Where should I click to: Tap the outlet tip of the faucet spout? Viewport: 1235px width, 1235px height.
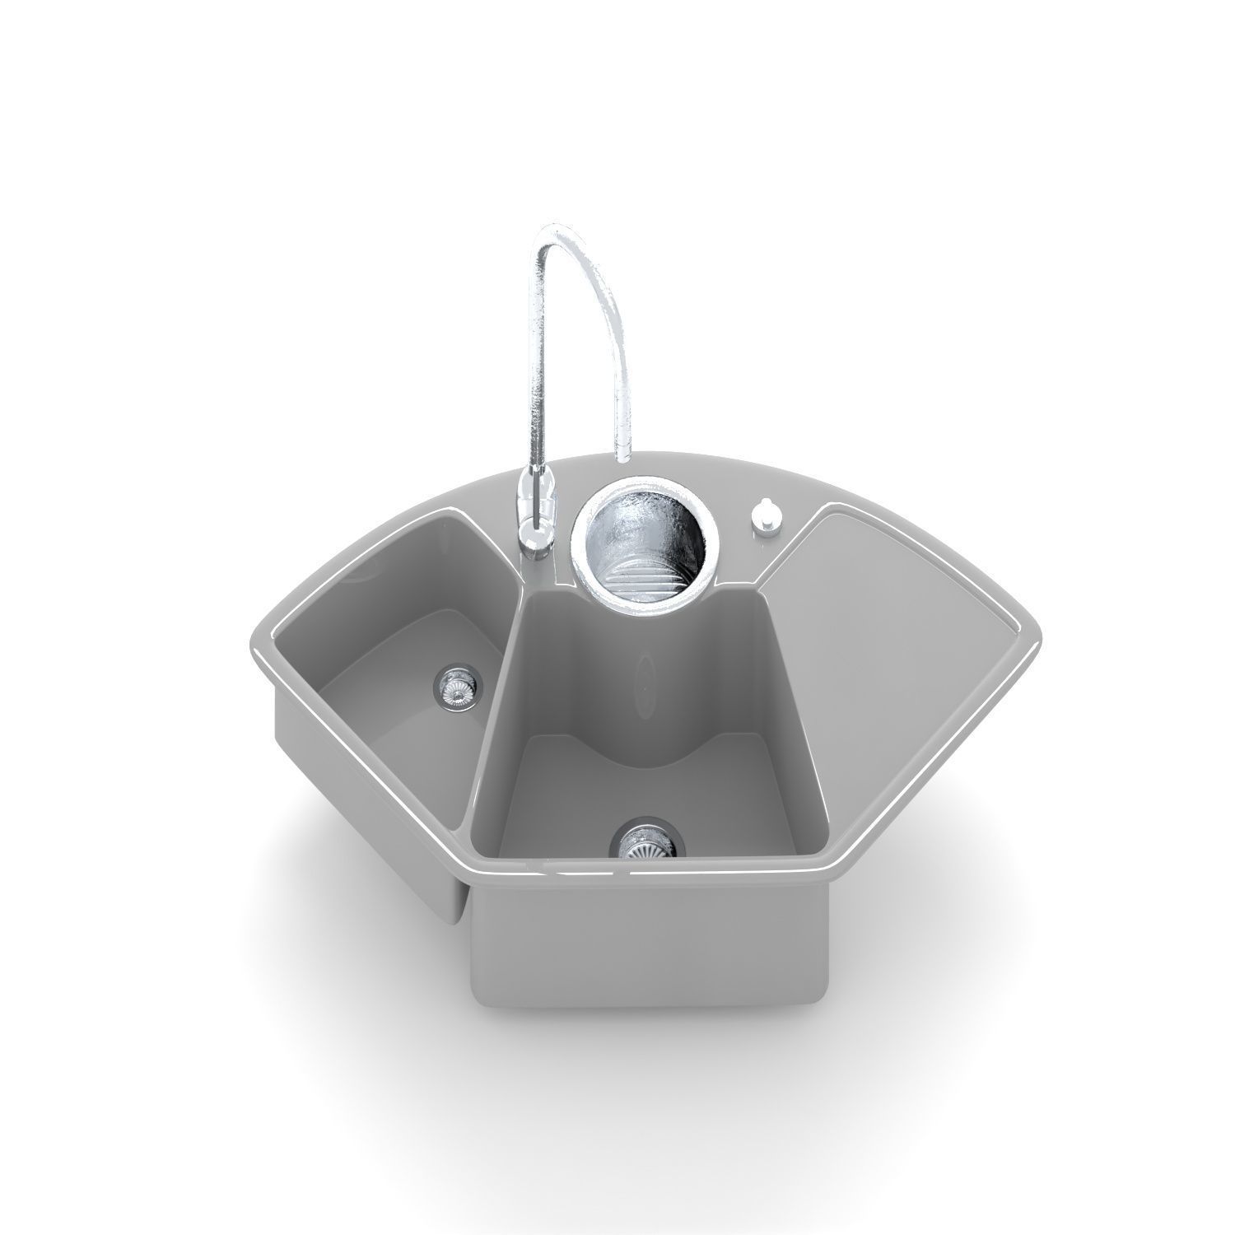point(622,454)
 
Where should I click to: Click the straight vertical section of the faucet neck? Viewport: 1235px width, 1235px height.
point(535,370)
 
